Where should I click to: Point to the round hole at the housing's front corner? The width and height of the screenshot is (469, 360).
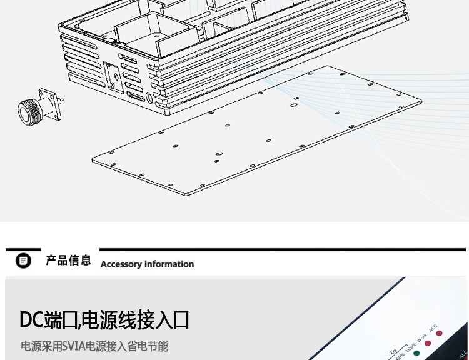pos(150,97)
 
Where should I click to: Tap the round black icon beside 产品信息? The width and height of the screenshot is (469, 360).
pos(23,261)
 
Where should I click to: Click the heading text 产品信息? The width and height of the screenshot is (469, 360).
pos(68,261)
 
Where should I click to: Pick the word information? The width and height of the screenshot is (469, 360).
pos(170,264)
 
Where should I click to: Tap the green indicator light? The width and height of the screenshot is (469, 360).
pos(416,354)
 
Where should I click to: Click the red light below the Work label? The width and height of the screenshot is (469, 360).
pos(428,343)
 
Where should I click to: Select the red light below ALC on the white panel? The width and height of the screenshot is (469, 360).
pos(439,333)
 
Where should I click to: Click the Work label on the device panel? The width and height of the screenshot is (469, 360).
pos(421,338)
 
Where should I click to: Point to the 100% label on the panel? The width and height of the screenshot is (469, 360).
pos(411,347)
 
